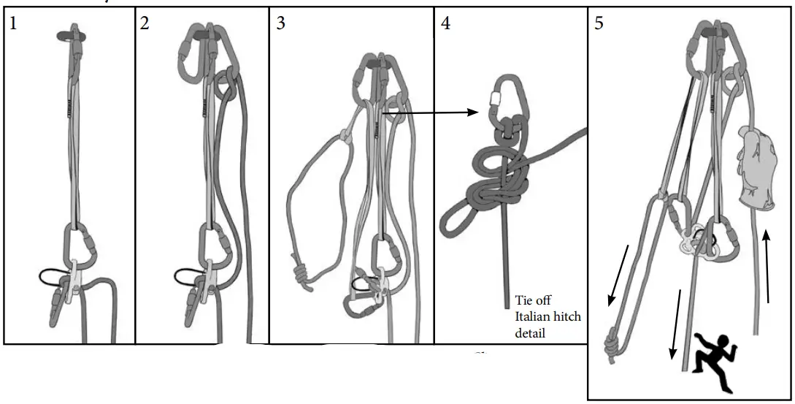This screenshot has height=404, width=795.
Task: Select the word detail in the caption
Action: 530,333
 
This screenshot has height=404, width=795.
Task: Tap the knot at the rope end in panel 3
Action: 300,278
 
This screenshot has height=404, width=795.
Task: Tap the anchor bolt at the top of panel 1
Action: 72,33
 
